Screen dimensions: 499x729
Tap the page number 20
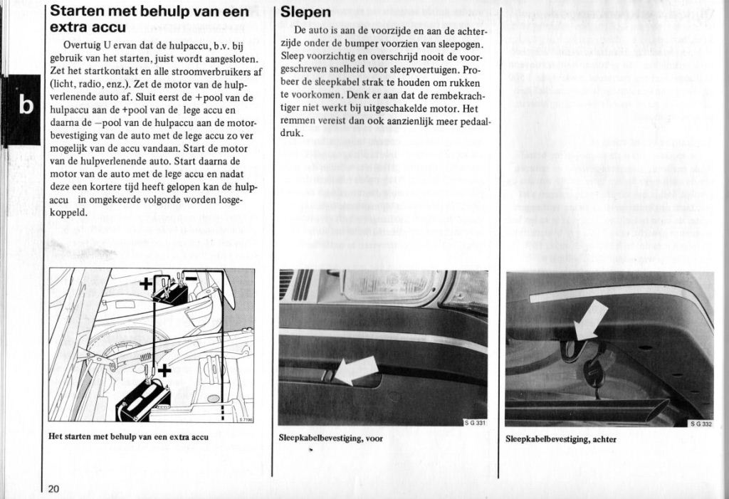point(55,488)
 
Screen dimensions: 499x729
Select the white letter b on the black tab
point(26,105)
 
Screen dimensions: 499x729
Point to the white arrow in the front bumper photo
point(356,369)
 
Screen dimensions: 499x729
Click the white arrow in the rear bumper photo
point(590,319)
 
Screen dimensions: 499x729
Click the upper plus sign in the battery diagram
point(145,284)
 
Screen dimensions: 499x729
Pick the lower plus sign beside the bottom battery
point(164,369)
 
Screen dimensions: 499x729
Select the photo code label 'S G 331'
point(475,423)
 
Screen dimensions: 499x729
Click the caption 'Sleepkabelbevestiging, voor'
point(331,438)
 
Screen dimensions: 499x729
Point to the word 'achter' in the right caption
point(602,438)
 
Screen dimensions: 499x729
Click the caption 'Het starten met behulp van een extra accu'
point(128,436)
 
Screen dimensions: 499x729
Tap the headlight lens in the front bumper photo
point(389,285)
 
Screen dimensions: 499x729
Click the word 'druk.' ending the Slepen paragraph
point(293,133)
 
